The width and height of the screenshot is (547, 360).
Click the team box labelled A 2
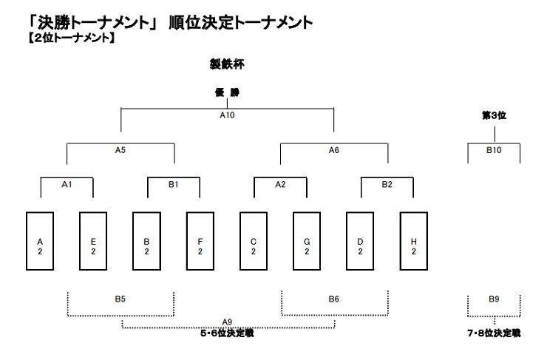pyautogui.click(x=40, y=241)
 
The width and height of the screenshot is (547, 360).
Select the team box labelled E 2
pyautogui.click(x=93, y=241)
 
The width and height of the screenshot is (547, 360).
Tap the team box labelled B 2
pyautogui.click(x=146, y=241)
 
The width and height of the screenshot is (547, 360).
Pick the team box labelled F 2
pyautogui.click(x=200, y=241)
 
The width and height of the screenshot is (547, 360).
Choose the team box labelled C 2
pyautogui.click(x=254, y=241)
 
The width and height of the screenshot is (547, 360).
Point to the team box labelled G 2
pyautogui.click(x=307, y=241)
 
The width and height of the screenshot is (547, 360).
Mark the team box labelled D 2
pyautogui.click(x=360, y=241)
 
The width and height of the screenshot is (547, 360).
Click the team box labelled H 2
pyautogui.click(x=414, y=241)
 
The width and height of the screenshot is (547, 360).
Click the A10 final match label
pyautogui.click(x=227, y=115)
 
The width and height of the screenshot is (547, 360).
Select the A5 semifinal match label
pyautogui.click(x=120, y=150)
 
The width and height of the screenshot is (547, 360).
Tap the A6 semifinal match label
pyautogui.click(x=334, y=150)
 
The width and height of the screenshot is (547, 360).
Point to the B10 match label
pyautogui.click(x=494, y=150)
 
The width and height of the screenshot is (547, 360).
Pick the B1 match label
pyautogui.click(x=174, y=185)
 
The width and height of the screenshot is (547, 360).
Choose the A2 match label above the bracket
pyautogui.click(x=280, y=185)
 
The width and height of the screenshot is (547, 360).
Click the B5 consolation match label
pyautogui.click(x=120, y=299)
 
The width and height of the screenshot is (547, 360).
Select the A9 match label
pyautogui.click(x=227, y=322)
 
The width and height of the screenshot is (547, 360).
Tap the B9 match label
pyautogui.click(x=494, y=299)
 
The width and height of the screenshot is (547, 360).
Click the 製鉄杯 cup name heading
pyautogui.click(x=227, y=64)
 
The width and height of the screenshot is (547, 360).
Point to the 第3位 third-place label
pyautogui.click(x=494, y=115)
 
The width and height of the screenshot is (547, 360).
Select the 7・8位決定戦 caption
pyautogui.click(x=494, y=333)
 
